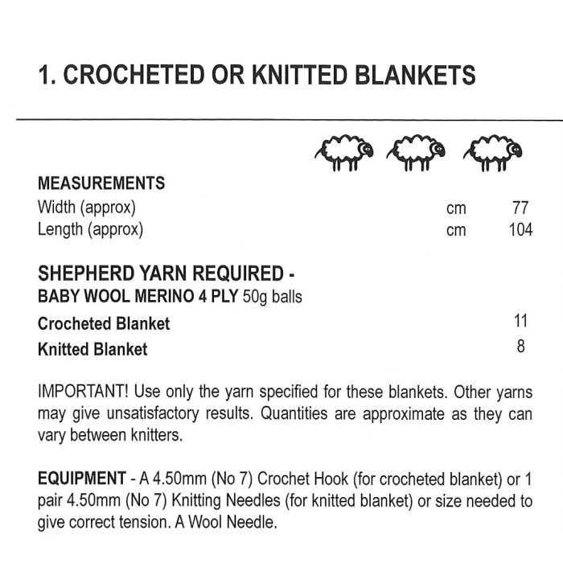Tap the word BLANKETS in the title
[x=411, y=75]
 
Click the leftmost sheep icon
[x=344, y=152]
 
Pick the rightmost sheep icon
[x=493, y=152]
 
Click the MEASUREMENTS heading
[x=101, y=183]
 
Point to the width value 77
[x=520, y=208]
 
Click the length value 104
[x=520, y=230]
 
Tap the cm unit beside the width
[x=456, y=208]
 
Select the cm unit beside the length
[x=456, y=231]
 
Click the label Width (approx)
[x=87, y=208]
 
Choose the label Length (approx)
[x=90, y=230]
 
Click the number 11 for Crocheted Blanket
[x=520, y=322]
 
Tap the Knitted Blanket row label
[x=92, y=349]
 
